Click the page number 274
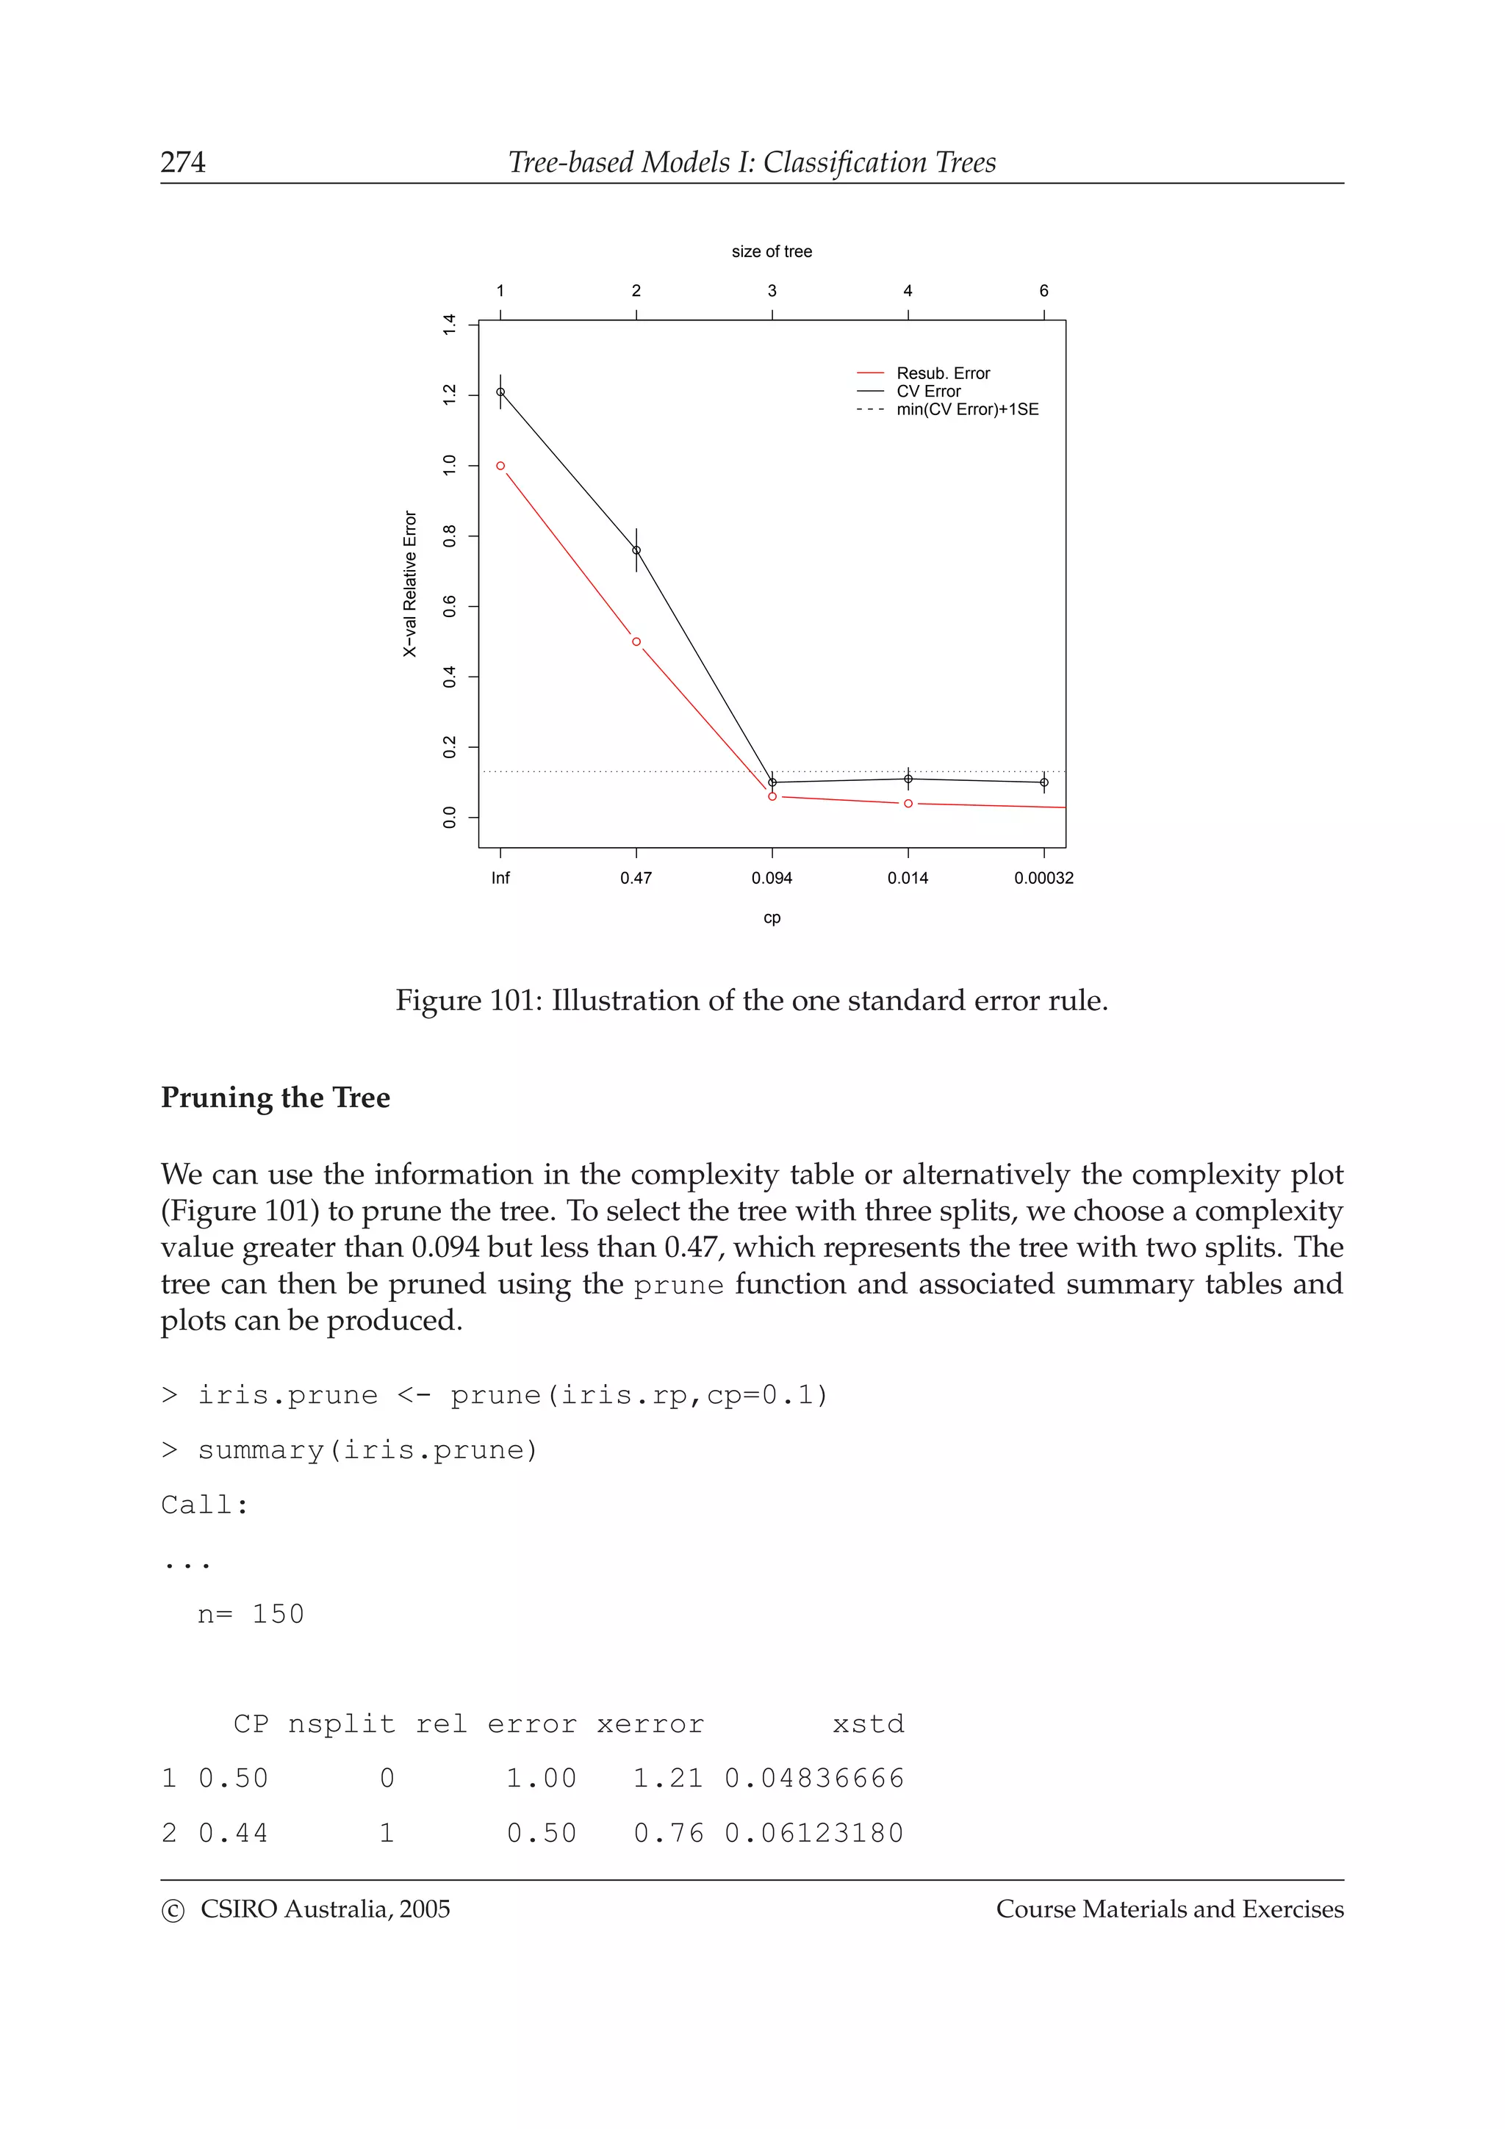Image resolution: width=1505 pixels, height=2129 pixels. point(183,162)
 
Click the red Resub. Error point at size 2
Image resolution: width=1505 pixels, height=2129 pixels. point(636,641)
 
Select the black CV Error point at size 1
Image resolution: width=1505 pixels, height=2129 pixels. point(500,392)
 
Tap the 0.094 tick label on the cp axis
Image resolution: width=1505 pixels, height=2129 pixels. point(772,878)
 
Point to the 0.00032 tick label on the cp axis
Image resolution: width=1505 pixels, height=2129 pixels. point(1044,878)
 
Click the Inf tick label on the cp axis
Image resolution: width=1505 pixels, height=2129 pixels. point(500,878)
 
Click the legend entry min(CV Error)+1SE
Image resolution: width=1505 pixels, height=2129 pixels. point(966,410)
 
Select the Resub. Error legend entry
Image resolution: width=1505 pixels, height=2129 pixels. point(942,374)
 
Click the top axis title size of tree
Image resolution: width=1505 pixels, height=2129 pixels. point(772,251)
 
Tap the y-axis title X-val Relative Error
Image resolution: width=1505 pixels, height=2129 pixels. point(410,584)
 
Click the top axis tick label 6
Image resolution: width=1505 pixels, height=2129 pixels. point(1044,291)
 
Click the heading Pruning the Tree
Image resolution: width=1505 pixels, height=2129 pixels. point(276,1097)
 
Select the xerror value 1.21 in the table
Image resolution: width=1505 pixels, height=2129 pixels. point(668,1779)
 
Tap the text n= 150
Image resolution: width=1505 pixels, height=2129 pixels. point(251,1614)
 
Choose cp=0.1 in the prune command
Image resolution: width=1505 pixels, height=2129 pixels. point(766,1396)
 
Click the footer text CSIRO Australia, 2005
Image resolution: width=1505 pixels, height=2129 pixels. point(325,1909)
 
